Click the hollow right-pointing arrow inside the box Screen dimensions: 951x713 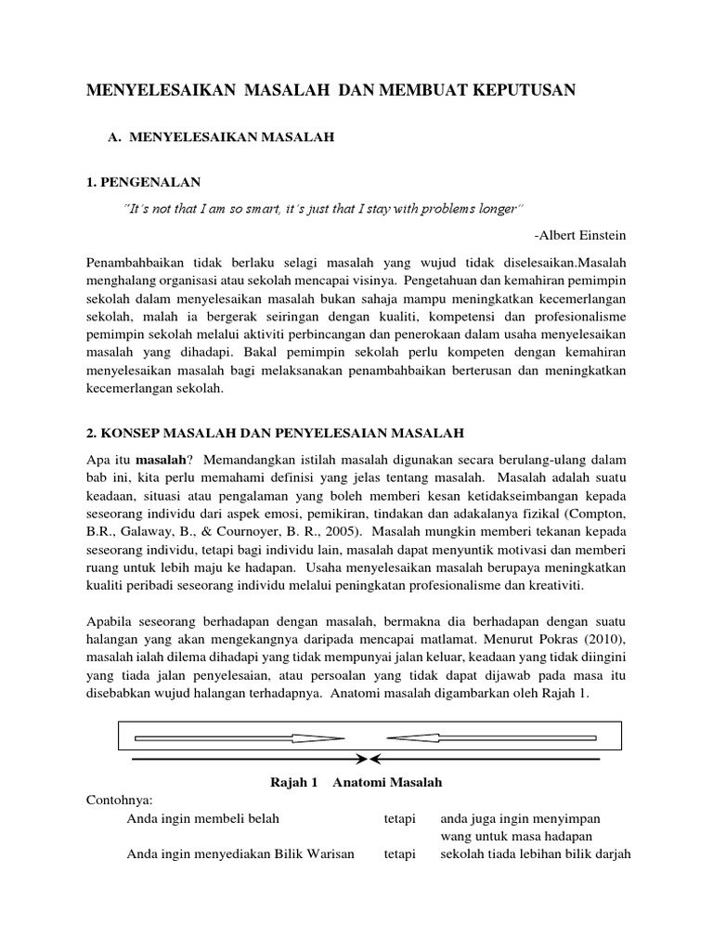[x=240, y=739]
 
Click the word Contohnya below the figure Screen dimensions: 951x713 [x=117, y=800]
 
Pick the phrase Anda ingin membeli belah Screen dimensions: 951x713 [x=202, y=818]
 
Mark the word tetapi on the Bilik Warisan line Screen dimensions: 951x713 [x=400, y=854]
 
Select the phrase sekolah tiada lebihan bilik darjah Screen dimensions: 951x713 [x=535, y=854]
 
